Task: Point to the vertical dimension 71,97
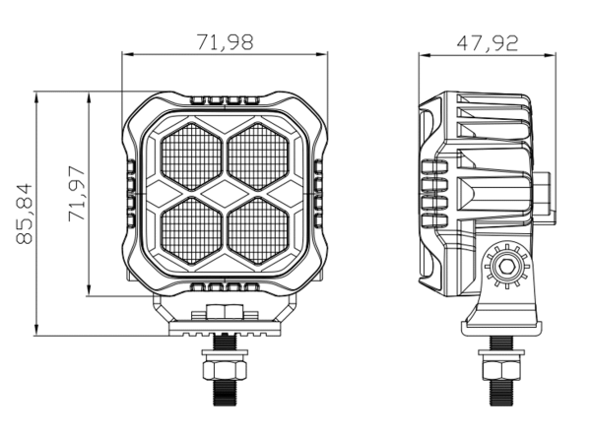coord(77,193)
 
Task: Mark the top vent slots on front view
coord(225,101)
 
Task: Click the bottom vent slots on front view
coord(225,286)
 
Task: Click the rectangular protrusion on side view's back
coord(544,187)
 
